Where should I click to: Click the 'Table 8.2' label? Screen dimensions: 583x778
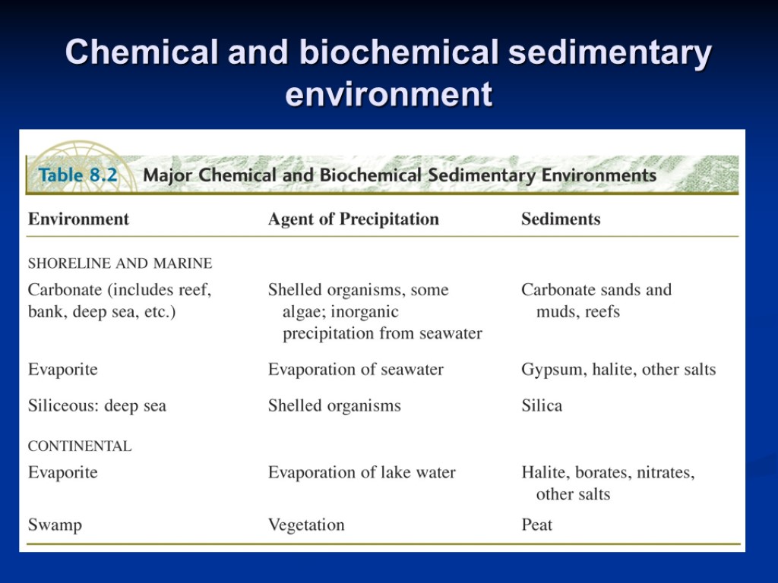(x=78, y=175)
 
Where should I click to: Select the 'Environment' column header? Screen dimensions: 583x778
(x=78, y=219)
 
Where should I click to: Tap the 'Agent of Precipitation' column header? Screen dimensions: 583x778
(x=353, y=219)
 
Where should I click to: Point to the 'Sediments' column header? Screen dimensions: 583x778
(x=561, y=219)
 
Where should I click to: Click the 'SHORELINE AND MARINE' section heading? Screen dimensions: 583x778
(x=120, y=264)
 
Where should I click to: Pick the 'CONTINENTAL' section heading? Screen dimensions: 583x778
(x=80, y=446)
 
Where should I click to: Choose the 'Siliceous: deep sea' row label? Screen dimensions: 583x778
(x=97, y=406)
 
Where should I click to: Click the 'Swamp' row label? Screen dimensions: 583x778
(x=55, y=525)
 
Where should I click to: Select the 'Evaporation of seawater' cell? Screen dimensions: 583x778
(x=356, y=370)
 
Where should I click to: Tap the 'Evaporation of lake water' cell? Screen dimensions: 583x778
(x=362, y=473)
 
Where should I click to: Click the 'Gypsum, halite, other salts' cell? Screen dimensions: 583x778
(x=618, y=370)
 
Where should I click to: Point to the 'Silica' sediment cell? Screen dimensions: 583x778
(x=542, y=406)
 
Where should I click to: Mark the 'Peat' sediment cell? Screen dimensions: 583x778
(x=536, y=525)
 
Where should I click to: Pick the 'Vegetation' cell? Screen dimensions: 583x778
(x=306, y=525)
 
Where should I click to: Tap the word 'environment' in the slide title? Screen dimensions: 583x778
(x=388, y=95)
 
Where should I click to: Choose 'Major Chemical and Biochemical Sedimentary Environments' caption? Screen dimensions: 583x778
(x=400, y=175)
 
